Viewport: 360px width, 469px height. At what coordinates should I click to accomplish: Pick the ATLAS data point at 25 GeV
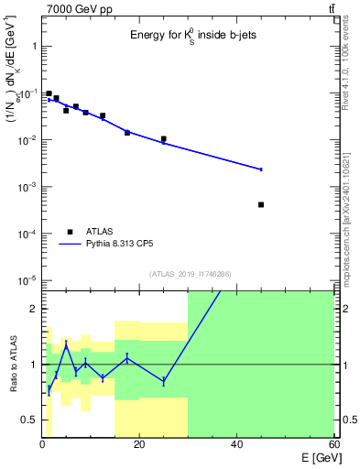(163, 139)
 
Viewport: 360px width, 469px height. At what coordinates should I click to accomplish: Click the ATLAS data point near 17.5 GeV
(127, 133)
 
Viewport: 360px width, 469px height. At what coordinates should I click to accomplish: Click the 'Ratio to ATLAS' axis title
(13, 365)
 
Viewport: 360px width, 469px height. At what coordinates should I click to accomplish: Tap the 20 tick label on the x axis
(139, 444)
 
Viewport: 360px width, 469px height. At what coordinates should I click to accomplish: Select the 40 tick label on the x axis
(236, 444)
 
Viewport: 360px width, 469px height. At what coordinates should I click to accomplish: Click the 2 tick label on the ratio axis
(33, 309)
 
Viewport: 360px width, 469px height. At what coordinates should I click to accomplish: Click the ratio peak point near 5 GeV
(66, 345)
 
